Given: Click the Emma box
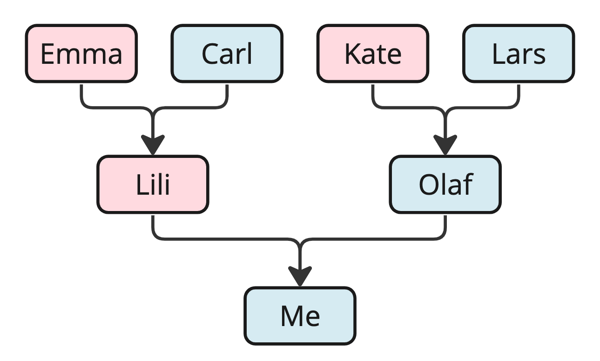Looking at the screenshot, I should [x=81, y=54].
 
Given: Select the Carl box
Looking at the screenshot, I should [x=227, y=54].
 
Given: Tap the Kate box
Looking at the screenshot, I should [x=372, y=54].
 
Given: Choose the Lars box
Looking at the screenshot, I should [x=518, y=54].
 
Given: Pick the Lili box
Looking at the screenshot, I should [x=153, y=184].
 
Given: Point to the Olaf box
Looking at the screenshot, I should [x=445, y=184].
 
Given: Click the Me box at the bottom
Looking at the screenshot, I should [x=300, y=316].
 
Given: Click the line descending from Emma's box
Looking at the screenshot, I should [x=81, y=95].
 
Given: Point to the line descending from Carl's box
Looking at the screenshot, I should [x=227, y=95].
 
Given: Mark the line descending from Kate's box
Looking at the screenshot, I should [x=373, y=95].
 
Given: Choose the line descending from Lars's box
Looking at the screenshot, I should [x=519, y=95].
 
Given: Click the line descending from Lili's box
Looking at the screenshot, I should [x=153, y=227].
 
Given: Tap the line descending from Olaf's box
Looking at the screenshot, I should [x=445, y=227].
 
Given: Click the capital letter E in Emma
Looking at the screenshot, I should [x=47, y=54].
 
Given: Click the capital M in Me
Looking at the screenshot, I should [x=290, y=316].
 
